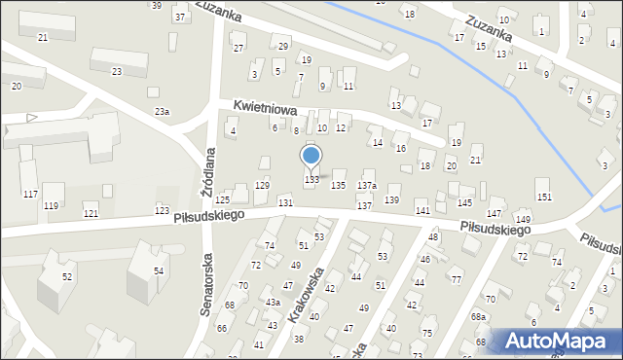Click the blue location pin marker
(311, 156)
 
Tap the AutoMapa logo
(554, 341)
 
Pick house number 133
(312, 179)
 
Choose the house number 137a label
(366, 185)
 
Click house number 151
(543, 197)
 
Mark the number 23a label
(162, 112)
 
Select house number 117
(31, 194)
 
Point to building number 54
(158, 270)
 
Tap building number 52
(67, 276)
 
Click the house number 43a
(274, 302)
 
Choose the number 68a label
(478, 317)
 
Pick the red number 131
(285, 201)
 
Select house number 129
(262, 185)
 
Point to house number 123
(162, 210)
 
